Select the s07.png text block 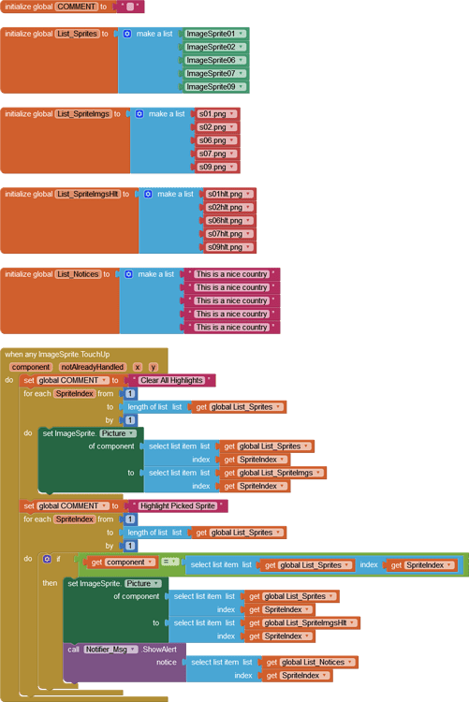[x=215, y=154]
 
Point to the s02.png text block [x=215, y=127]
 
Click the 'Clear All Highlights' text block [x=174, y=381]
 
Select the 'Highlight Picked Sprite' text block [x=180, y=505]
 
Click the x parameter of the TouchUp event [x=138, y=367]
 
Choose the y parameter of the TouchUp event [x=153, y=367]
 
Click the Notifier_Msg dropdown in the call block [x=111, y=649]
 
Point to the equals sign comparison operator [x=169, y=562]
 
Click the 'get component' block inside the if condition [x=123, y=563]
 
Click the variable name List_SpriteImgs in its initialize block [x=83, y=114]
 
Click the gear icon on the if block [x=47, y=559]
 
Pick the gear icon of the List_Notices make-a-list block [x=128, y=274]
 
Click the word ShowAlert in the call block [x=159, y=649]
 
